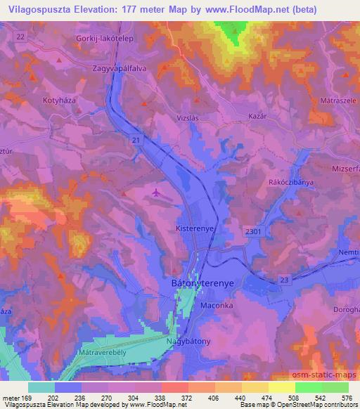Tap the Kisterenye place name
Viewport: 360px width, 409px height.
coord(193,229)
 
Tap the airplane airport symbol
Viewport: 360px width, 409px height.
coord(157,190)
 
